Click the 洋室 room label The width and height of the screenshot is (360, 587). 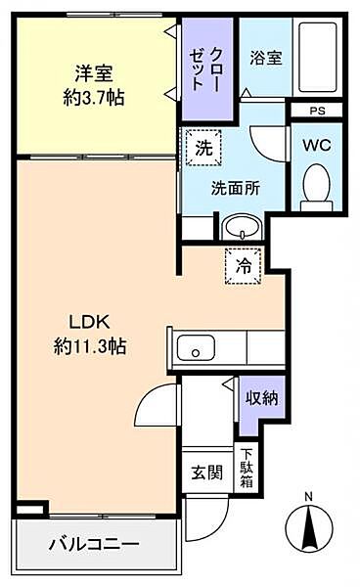[94, 73]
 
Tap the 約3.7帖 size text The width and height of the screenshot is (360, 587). [94, 98]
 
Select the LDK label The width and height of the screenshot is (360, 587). [89, 322]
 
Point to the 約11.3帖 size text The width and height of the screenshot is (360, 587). [90, 346]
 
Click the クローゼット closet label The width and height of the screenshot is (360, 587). [206, 68]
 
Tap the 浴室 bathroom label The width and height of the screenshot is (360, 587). [266, 59]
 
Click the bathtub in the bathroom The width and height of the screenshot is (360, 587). [318, 58]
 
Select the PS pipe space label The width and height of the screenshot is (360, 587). [317, 111]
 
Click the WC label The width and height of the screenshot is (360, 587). [317, 145]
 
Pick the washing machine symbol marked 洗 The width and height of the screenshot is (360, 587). [203, 149]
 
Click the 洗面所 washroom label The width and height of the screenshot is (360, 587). [236, 188]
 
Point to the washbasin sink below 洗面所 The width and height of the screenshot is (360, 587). [242, 227]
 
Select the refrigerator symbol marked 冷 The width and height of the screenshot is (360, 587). [243, 266]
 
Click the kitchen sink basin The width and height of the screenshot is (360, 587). [196, 347]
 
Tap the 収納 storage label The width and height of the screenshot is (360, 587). [262, 398]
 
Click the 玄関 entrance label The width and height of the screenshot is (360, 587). [207, 473]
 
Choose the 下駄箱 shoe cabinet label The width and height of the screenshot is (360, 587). [247, 468]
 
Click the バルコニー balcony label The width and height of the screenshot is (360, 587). [94, 544]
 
